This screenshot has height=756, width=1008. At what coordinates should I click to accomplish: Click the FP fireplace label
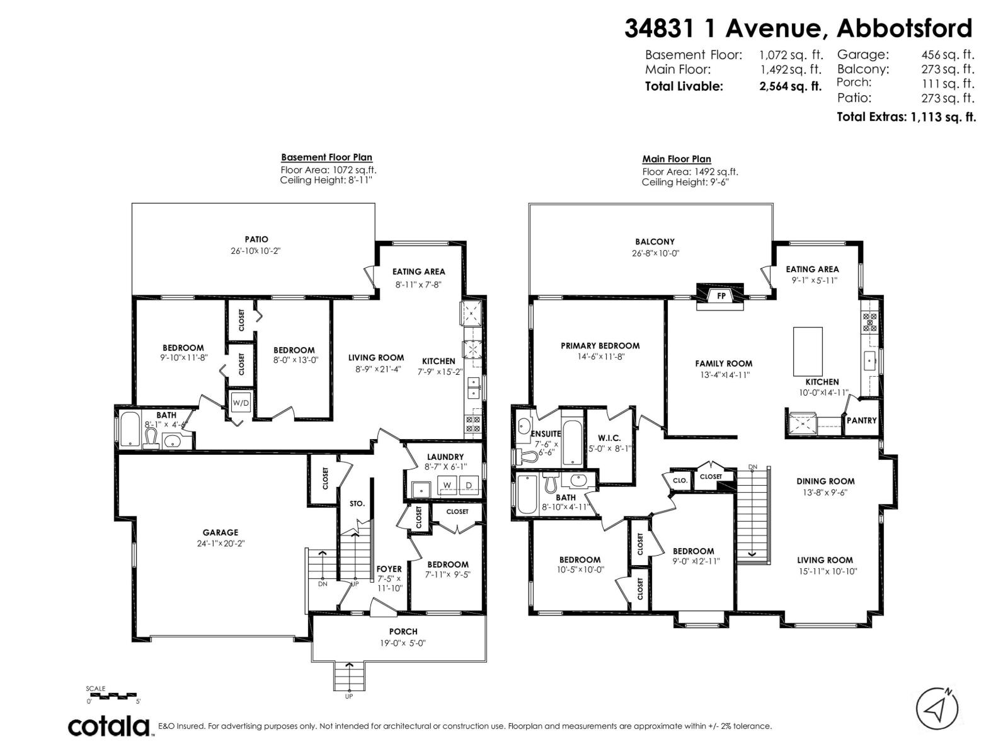(x=721, y=295)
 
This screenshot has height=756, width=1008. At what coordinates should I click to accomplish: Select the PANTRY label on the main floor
(x=861, y=420)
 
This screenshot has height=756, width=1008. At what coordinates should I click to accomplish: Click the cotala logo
(x=108, y=726)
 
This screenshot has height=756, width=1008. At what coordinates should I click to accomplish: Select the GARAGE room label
(x=220, y=532)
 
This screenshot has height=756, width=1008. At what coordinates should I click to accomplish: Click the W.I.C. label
(x=609, y=438)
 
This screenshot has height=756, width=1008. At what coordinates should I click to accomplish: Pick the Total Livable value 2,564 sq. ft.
(x=791, y=87)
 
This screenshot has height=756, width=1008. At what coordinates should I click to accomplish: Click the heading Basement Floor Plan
(x=326, y=157)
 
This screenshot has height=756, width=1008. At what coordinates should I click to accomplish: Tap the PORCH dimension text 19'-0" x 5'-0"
(x=403, y=643)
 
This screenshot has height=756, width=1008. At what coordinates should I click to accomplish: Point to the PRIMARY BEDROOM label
(x=600, y=345)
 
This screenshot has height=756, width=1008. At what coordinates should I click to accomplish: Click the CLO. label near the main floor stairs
(x=679, y=480)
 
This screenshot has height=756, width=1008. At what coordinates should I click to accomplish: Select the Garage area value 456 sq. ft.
(x=948, y=55)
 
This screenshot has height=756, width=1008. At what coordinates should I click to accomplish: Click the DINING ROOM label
(x=825, y=481)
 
